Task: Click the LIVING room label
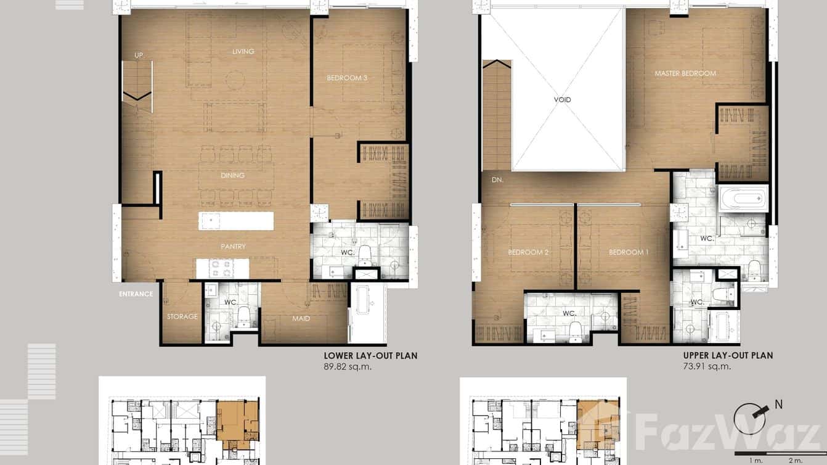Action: tap(243, 52)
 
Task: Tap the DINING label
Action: tap(232, 176)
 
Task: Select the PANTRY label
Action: tap(233, 247)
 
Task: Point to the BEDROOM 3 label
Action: tap(347, 78)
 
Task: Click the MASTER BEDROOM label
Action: tap(685, 73)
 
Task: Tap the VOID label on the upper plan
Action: tap(562, 100)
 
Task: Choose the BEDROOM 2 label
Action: tap(528, 252)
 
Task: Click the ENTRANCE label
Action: tap(136, 294)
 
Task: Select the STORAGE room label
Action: tap(182, 317)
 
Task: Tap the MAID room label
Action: tap(301, 319)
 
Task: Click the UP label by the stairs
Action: tap(139, 56)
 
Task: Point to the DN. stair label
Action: tap(497, 181)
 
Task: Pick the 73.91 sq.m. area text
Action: tap(707, 366)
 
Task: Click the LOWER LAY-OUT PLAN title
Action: tap(370, 356)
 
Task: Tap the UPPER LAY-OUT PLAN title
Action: tap(728, 355)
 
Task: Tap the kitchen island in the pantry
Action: tap(236, 221)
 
